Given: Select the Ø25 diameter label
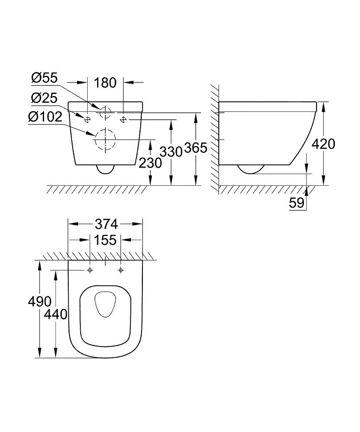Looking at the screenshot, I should pos(44,98).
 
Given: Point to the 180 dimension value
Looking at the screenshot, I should pos(106,82).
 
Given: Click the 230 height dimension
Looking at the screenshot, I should pos(150,163).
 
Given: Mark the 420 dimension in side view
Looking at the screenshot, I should pos(323,144).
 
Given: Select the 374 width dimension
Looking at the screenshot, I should pos(106,224).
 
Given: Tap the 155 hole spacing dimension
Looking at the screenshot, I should pos(106,240).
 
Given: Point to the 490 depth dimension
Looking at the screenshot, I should pos(39,301).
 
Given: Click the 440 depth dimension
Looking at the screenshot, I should pos(56,314).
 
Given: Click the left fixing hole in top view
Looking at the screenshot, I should pos(90,270).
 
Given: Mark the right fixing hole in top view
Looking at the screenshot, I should pos(121,270).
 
